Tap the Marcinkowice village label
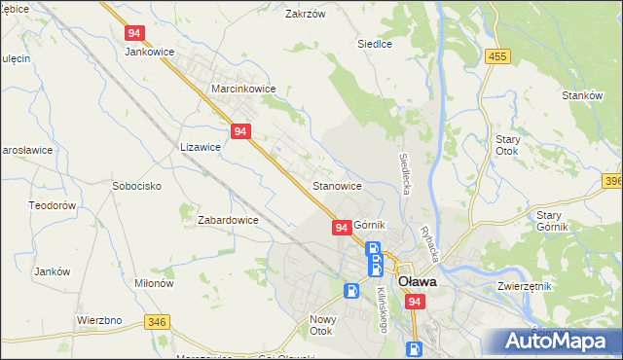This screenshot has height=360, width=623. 243,89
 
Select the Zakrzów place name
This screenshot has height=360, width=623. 303,15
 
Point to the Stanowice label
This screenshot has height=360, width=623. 338,185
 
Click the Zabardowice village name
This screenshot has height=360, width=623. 228,220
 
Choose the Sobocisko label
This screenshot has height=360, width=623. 136,185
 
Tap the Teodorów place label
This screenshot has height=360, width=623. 53,206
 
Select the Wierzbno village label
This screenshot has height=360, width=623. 98,319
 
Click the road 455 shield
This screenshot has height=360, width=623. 498,57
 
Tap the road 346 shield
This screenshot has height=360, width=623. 155,322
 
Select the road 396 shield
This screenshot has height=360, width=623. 612,181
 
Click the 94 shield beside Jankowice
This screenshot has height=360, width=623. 135,32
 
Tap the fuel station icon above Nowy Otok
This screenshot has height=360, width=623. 351,290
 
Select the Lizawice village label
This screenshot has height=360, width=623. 201,147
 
